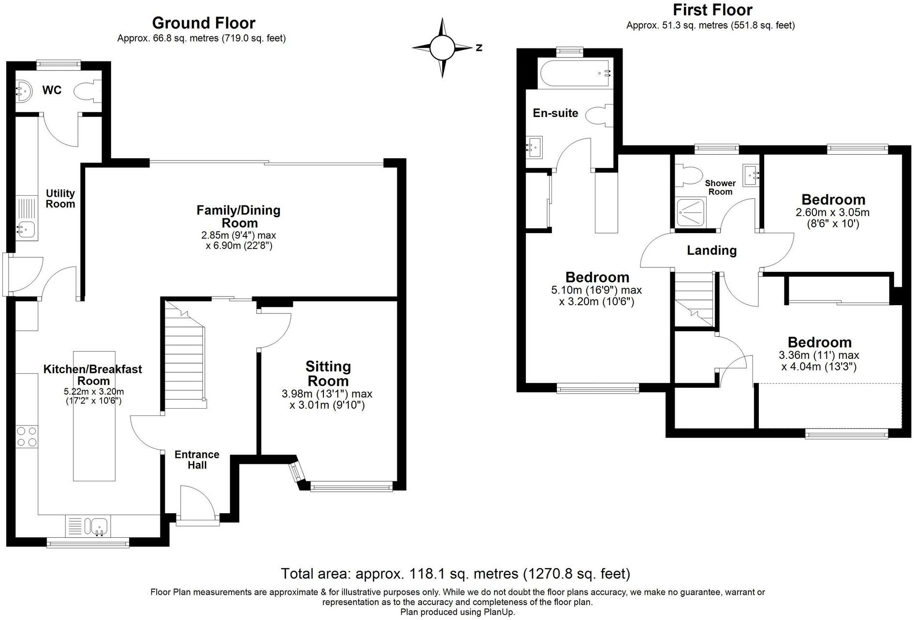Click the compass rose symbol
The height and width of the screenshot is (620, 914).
pyautogui.click(x=442, y=47)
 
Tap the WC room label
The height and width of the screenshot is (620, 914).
pyautogui.click(x=52, y=90)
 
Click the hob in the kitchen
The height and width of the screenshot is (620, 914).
pyautogui.click(x=27, y=436)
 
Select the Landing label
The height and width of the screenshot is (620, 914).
pyautogui.click(x=711, y=251)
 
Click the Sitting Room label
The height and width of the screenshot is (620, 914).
pyautogui.click(x=328, y=373)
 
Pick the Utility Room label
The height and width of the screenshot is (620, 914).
pyautogui.click(x=60, y=199)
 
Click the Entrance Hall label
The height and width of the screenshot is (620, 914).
pyautogui.click(x=197, y=460)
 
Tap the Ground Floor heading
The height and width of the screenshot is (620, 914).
pyautogui.click(x=203, y=23)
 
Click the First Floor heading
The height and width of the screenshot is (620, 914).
pyautogui.click(x=712, y=10)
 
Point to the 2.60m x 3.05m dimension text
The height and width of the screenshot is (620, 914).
pyautogui.click(x=832, y=212)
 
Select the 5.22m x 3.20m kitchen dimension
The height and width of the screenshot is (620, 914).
pyautogui.click(x=94, y=391)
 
